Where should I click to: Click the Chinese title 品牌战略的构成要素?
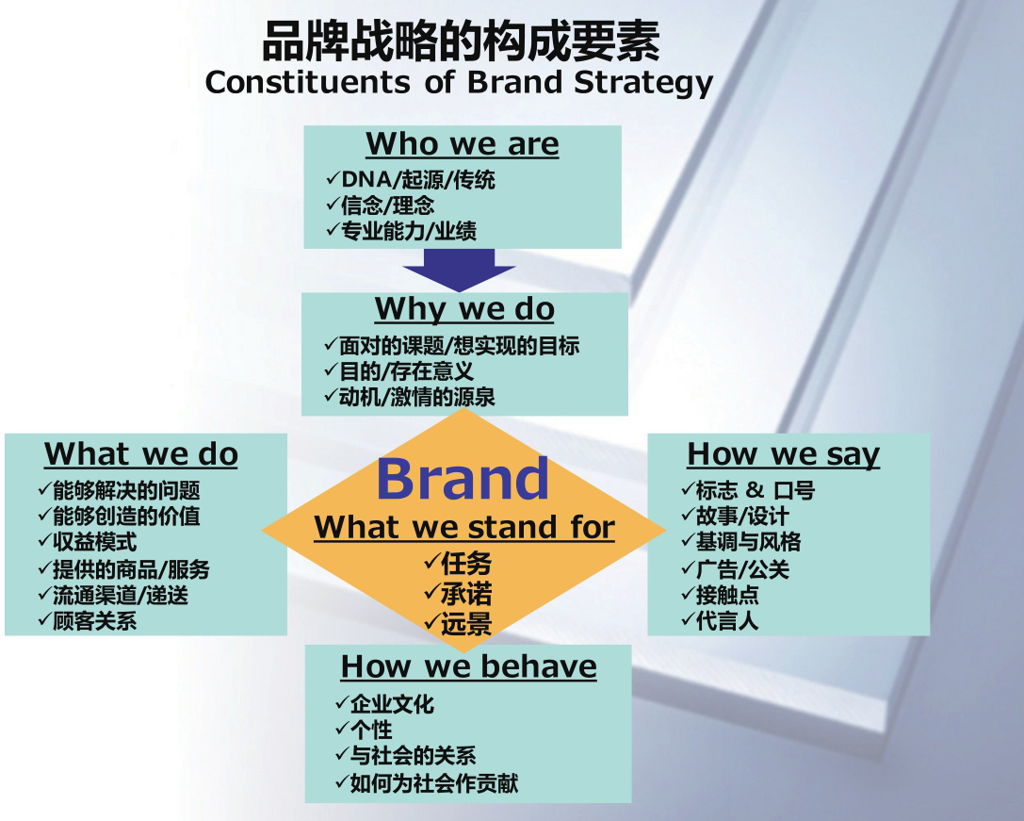tap(461, 41)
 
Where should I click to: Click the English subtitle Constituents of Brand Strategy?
tap(459, 83)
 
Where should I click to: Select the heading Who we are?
tap(463, 144)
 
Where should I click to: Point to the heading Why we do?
tap(464, 309)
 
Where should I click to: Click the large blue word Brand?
tap(463, 479)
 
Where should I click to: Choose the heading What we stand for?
tap(464, 527)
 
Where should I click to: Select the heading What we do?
tap(141, 453)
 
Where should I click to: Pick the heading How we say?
tap(784, 454)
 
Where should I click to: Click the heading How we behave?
tap(468, 666)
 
